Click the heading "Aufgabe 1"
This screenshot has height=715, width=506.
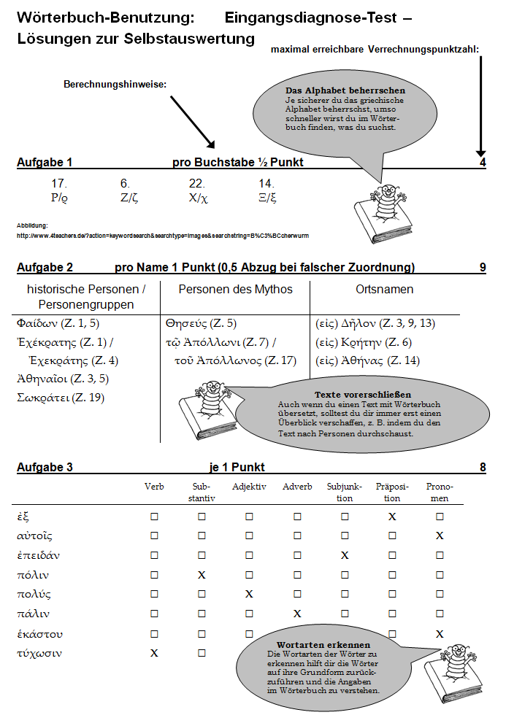click(45, 163)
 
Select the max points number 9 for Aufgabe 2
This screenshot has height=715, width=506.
click(483, 268)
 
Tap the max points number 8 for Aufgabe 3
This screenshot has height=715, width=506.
click(483, 467)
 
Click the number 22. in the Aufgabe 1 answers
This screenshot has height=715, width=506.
click(196, 184)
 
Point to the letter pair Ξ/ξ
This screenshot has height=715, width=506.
click(267, 197)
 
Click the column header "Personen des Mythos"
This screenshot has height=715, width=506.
click(235, 290)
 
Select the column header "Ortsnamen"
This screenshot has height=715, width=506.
click(384, 290)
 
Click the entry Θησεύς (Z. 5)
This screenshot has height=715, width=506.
click(201, 323)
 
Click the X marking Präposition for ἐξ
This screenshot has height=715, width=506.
click(392, 517)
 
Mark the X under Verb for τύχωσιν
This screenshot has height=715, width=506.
click(154, 653)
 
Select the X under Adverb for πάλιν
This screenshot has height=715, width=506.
click(297, 614)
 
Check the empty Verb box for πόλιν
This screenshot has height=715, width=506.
click(154, 575)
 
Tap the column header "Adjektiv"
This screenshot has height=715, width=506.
click(249, 487)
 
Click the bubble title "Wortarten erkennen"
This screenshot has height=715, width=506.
click(323, 645)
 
